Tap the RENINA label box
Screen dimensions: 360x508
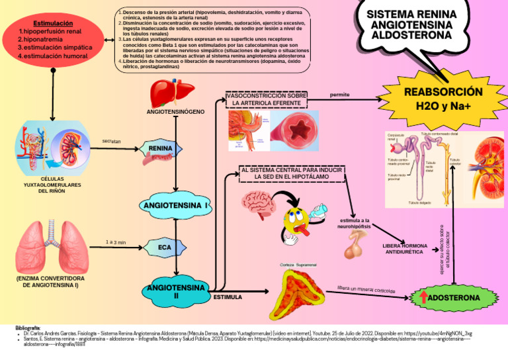click(161, 148)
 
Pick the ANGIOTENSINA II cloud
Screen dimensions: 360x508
click(176, 292)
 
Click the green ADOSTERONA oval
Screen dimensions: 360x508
click(450, 298)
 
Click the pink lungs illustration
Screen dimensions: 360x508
click(52, 246)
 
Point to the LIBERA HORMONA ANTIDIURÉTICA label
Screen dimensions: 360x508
click(405, 249)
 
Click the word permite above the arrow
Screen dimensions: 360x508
click(339, 95)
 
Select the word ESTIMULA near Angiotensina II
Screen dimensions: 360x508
click(227, 298)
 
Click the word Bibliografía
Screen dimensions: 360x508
click(28, 327)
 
